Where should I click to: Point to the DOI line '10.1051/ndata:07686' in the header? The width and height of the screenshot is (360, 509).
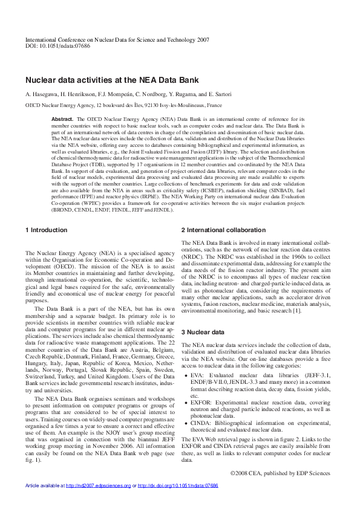point(57,46)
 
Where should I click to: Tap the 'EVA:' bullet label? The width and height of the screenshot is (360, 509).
point(197,375)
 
